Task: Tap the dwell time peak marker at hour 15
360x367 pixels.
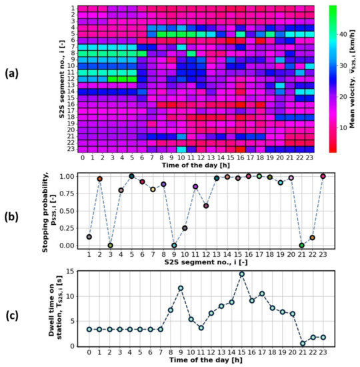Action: [x=242, y=274]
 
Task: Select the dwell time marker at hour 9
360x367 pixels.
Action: [x=181, y=288]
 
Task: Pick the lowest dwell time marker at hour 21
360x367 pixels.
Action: [x=303, y=344]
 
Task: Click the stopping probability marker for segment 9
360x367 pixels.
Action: [x=174, y=246]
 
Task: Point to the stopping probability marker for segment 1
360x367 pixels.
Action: [x=89, y=237]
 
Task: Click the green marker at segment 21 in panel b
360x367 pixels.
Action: [x=301, y=246]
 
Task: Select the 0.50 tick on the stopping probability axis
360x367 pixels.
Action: [x=67, y=211]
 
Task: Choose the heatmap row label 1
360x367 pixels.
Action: [x=72, y=8]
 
